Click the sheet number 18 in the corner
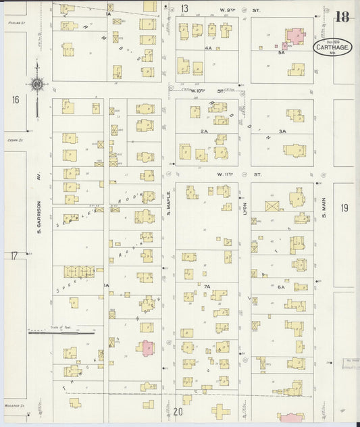342,17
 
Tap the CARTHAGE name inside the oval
332,46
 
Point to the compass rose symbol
38,84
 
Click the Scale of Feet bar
61,332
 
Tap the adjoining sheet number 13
184,9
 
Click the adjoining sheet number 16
15,100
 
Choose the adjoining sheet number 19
344,208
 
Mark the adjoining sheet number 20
178,411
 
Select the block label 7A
207,287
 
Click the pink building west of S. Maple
147,347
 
